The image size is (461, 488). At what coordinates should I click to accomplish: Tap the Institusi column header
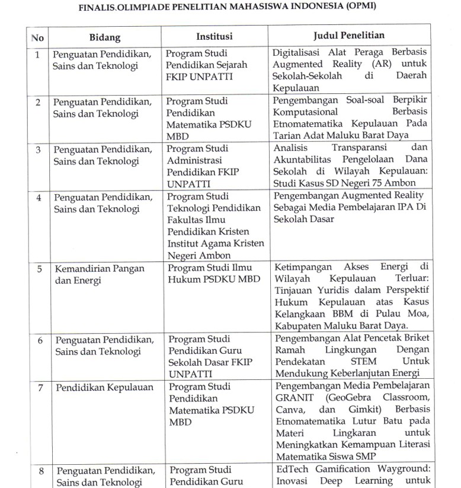click(x=215, y=37)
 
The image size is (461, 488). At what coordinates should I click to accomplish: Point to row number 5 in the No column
click(x=39, y=268)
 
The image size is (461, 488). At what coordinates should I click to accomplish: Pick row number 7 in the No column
click(x=39, y=388)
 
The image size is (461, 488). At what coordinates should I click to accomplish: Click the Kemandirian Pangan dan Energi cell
click(x=100, y=274)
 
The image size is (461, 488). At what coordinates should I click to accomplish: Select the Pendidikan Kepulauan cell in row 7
click(x=104, y=388)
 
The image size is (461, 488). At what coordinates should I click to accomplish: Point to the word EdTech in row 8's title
click(x=287, y=470)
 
